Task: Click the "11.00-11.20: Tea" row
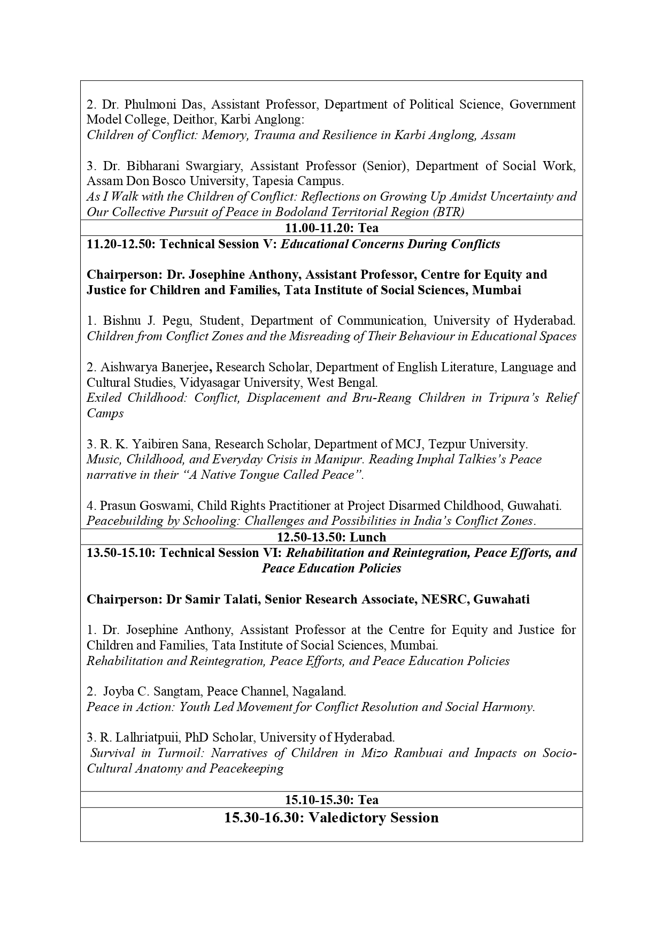pyautogui.click(x=331, y=228)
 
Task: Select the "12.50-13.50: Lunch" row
pyautogui.click(x=331, y=537)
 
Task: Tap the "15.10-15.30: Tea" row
pyautogui.click(x=331, y=800)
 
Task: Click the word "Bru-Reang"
pyautogui.click(x=384, y=398)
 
